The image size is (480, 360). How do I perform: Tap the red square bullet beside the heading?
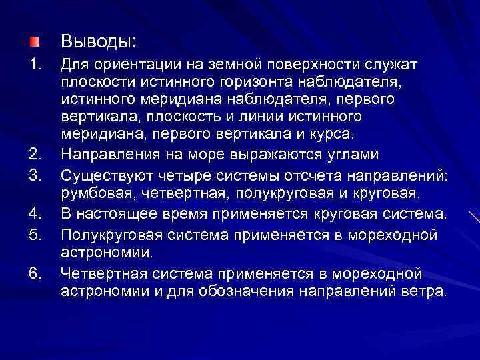34,42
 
